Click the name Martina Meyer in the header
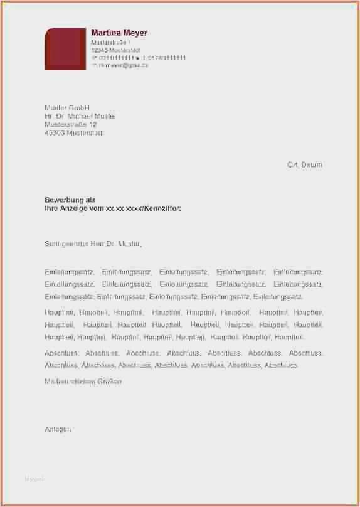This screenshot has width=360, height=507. coord(119,33)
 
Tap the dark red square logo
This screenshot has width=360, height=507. coord(65,48)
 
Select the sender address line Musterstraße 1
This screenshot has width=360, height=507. coord(111,41)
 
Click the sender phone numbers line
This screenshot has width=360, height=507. coord(138,57)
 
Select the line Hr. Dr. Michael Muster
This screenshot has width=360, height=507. coord(80,116)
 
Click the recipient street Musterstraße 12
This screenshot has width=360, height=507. coord(71,124)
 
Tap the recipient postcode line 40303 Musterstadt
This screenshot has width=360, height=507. coord(75,132)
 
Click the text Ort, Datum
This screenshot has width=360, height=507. coord(304,164)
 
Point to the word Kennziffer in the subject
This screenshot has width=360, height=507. coord(161,207)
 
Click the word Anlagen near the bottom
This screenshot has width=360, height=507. coord(58,429)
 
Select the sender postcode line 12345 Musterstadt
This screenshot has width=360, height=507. coord(115,50)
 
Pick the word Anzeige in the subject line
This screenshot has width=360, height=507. coord(74,207)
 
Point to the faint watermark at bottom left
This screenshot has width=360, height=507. coord(35,479)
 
